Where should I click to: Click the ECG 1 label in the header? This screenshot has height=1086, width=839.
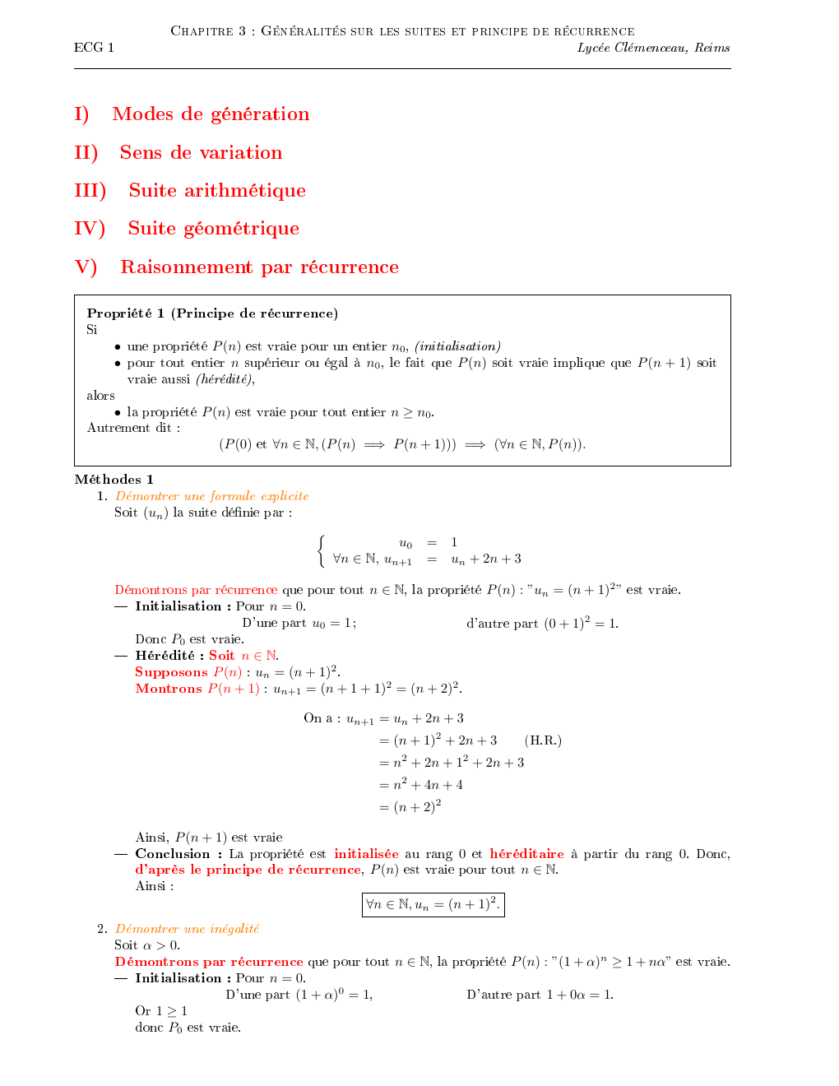[x=94, y=48]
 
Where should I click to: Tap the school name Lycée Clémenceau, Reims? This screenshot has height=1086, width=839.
[x=653, y=48]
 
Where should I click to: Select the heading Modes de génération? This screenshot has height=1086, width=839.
[x=211, y=114]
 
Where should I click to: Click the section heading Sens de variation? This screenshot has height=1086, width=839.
[x=201, y=153]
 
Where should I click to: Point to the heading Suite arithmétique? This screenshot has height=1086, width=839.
[x=217, y=191]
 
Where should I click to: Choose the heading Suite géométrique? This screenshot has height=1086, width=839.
[x=213, y=229]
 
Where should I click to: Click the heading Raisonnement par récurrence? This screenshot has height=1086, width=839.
[x=259, y=267]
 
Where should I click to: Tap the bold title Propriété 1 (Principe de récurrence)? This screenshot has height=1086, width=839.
[x=212, y=313]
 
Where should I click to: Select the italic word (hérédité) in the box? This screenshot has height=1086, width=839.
[x=225, y=379]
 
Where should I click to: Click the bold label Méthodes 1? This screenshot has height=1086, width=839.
[x=114, y=480]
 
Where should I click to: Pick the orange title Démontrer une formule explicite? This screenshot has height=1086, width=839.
[x=212, y=496]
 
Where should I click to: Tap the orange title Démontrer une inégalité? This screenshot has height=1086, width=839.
[x=187, y=929]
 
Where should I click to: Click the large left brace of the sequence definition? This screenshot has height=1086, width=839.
[x=321, y=550]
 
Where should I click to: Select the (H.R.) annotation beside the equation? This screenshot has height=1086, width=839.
[x=543, y=740]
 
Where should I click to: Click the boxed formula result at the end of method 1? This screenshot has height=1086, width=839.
[x=433, y=905]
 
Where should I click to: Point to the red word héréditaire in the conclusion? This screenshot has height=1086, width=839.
[x=526, y=854]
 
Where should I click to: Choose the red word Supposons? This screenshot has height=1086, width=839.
[x=171, y=672]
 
